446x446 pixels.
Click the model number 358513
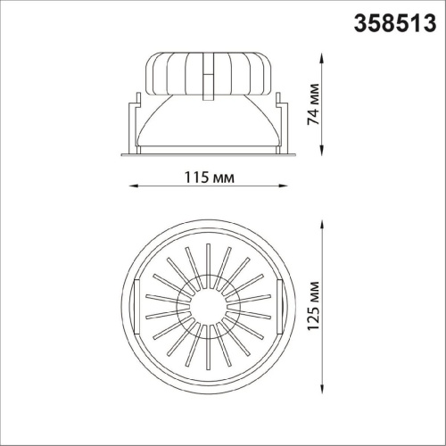[x=395, y=23]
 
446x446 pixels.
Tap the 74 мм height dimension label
[x=313, y=104]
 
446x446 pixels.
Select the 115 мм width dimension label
[x=210, y=178]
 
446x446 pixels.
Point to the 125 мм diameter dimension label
[x=313, y=306]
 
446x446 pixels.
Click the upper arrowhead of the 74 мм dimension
[x=322, y=58]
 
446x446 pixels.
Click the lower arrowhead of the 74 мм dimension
[x=322, y=150]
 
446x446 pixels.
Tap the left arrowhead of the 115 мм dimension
[x=133, y=186]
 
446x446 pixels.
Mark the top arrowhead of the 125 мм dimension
[x=322, y=225]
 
